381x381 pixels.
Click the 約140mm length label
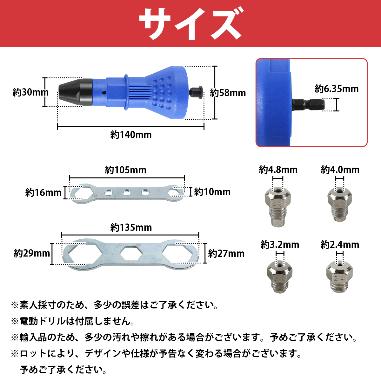pyautogui.click(x=131, y=135)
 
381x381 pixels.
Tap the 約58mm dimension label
pyautogui.click(x=228, y=93)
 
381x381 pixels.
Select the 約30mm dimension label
pyautogui.click(x=30, y=92)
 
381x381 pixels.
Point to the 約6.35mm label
pyautogui.click(x=337, y=89)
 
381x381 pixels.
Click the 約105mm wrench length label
pyautogui.click(x=125, y=170)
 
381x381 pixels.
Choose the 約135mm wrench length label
pyautogui.click(x=131, y=228)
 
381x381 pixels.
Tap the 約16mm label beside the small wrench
pyautogui.click(x=43, y=193)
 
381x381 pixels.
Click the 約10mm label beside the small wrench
pyautogui.click(x=212, y=192)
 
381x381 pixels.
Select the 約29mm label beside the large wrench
pyautogui.click(x=32, y=253)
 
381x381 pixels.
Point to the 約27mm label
pyautogui.click(x=226, y=253)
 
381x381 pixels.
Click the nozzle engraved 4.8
pyautogui.click(x=277, y=206)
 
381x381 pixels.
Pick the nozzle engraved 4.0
pyautogui.click(x=339, y=204)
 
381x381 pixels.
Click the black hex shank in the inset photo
pyautogui.click(x=308, y=104)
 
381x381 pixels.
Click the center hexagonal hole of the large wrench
pyautogui.click(x=131, y=253)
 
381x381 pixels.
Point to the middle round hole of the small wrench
pyautogui.click(x=127, y=192)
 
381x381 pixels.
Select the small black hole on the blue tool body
pyautogui.click(x=104, y=92)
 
